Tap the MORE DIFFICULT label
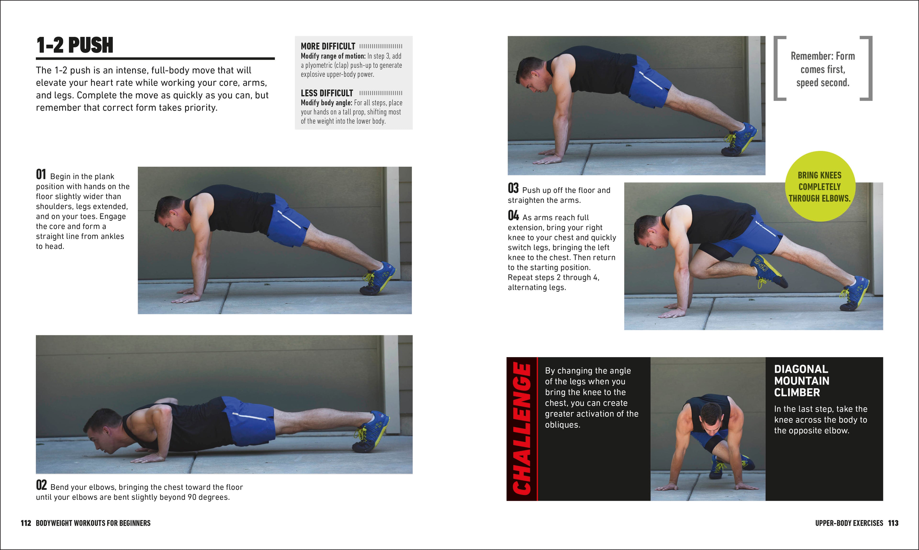[328, 46]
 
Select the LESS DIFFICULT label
[327, 93]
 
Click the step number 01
[41, 175]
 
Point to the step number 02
[41, 485]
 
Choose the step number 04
[513, 215]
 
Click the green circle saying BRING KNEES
[819, 186]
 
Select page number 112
[26, 523]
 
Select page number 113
[893, 523]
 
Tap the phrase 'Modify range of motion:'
[333, 56]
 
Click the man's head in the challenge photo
[711, 418]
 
